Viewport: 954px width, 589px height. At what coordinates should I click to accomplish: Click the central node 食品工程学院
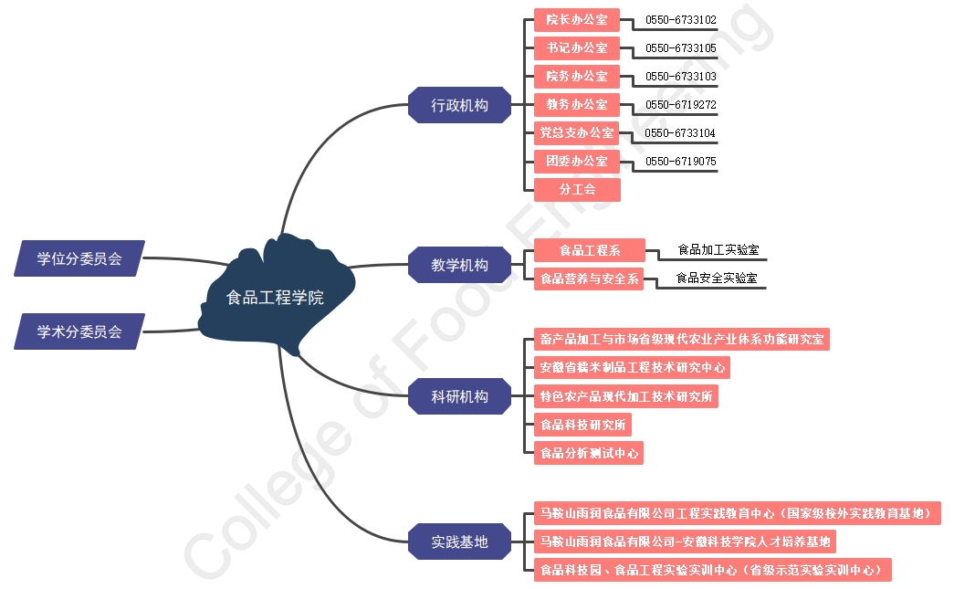tap(274, 298)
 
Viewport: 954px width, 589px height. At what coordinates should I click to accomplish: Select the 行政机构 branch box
tap(459, 105)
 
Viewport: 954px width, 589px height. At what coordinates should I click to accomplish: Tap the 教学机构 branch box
tap(459, 266)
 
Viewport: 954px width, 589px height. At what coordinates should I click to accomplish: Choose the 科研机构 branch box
tap(459, 396)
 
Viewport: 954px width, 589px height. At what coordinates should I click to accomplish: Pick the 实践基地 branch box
tap(459, 542)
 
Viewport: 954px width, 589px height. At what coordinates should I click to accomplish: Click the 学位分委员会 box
tap(79, 258)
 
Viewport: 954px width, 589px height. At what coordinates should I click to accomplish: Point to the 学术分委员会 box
tap(79, 331)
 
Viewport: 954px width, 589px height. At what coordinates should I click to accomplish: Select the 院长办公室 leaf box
tap(577, 19)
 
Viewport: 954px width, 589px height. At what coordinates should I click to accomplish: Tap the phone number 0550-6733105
tap(680, 48)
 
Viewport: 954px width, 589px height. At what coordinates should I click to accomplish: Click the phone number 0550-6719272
tap(680, 105)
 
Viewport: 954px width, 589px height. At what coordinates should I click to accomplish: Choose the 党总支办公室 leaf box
tap(577, 133)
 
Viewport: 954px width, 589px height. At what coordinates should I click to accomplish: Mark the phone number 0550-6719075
tap(680, 162)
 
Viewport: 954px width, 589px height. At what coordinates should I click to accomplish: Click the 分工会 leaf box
tap(577, 190)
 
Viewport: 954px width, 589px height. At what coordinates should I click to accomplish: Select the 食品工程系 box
tap(589, 250)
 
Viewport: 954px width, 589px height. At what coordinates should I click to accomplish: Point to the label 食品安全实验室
tap(716, 278)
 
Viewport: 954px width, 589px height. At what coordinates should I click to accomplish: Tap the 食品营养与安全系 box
tap(589, 279)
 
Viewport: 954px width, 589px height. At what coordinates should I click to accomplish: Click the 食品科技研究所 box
tap(582, 425)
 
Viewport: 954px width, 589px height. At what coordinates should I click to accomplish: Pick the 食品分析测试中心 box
tap(589, 453)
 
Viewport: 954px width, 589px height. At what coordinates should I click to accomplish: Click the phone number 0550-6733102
tap(680, 20)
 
